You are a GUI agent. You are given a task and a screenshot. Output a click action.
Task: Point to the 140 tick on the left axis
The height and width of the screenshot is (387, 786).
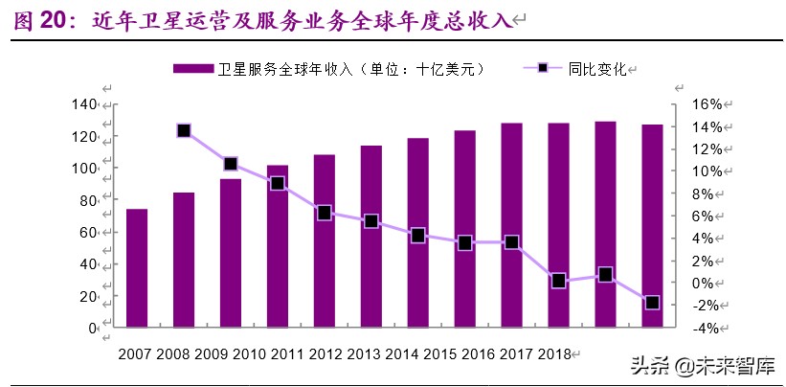[85, 103]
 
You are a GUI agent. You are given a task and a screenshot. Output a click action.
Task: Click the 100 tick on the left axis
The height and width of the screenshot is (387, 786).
[85, 168]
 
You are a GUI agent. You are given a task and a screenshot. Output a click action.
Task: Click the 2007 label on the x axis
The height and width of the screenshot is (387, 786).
[136, 353]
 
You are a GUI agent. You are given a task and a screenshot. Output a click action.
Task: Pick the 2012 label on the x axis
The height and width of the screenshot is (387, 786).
[326, 353]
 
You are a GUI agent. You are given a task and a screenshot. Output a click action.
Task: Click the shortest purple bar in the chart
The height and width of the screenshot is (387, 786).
[137, 268]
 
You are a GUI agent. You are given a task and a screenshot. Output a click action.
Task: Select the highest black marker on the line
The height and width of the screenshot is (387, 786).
[184, 130]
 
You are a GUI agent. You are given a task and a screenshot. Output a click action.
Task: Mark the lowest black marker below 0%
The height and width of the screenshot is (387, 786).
[652, 303]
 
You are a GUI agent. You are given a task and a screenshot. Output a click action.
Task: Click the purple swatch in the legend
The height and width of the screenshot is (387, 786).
[192, 69]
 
